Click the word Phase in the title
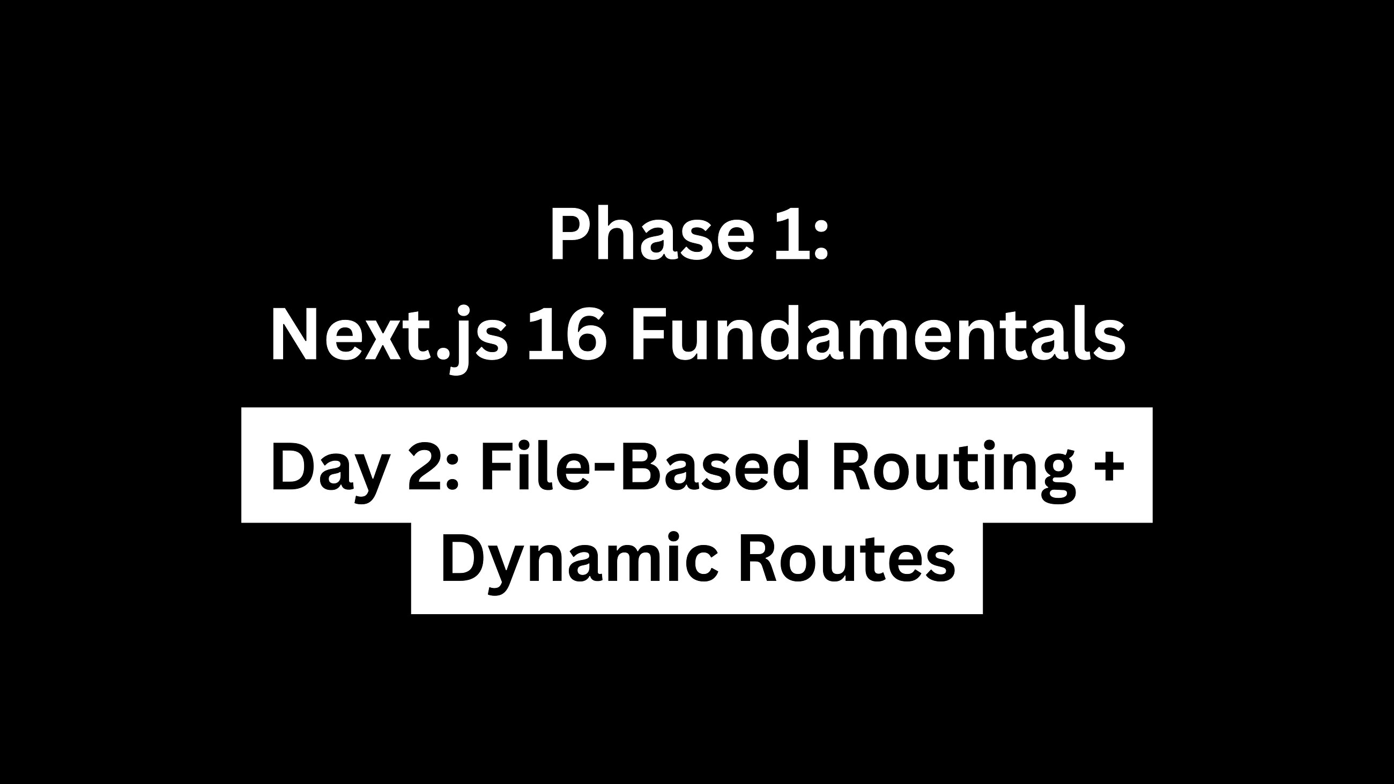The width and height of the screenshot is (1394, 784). pos(652,235)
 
